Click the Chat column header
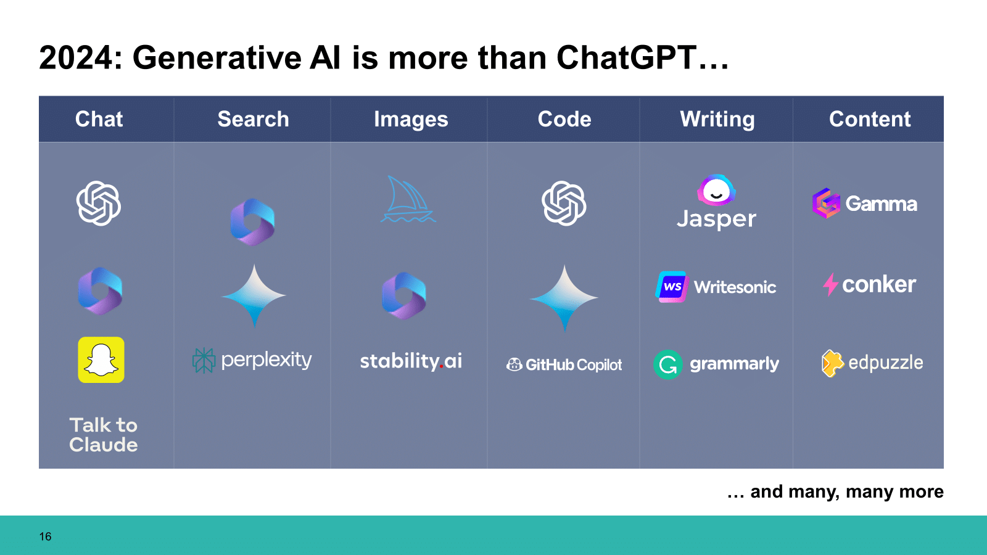pyautogui.click(x=99, y=119)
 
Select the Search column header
pyautogui.click(x=253, y=119)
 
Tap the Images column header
pyautogui.click(x=411, y=119)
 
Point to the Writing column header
pyautogui.click(x=717, y=119)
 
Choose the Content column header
pyautogui.click(x=869, y=119)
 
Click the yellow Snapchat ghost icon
pyautogui.click(x=101, y=360)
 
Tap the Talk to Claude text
pyautogui.click(x=103, y=435)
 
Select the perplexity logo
pyautogui.click(x=252, y=360)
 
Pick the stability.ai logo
pyautogui.click(x=411, y=361)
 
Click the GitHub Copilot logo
pyautogui.click(x=564, y=365)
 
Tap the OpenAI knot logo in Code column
pyautogui.click(x=564, y=203)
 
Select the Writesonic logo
pyautogui.click(x=716, y=287)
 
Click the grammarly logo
pyautogui.click(x=716, y=364)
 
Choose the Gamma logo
pyautogui.click(x=864, y=203)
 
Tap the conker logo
pyautogui.click(x=869, y=284)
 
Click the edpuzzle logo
pyautogui.click(x=872, y=363)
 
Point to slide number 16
pyautogui.click(x=45, y=536)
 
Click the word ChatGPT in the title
pyautogui.click(x=627, y=58)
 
